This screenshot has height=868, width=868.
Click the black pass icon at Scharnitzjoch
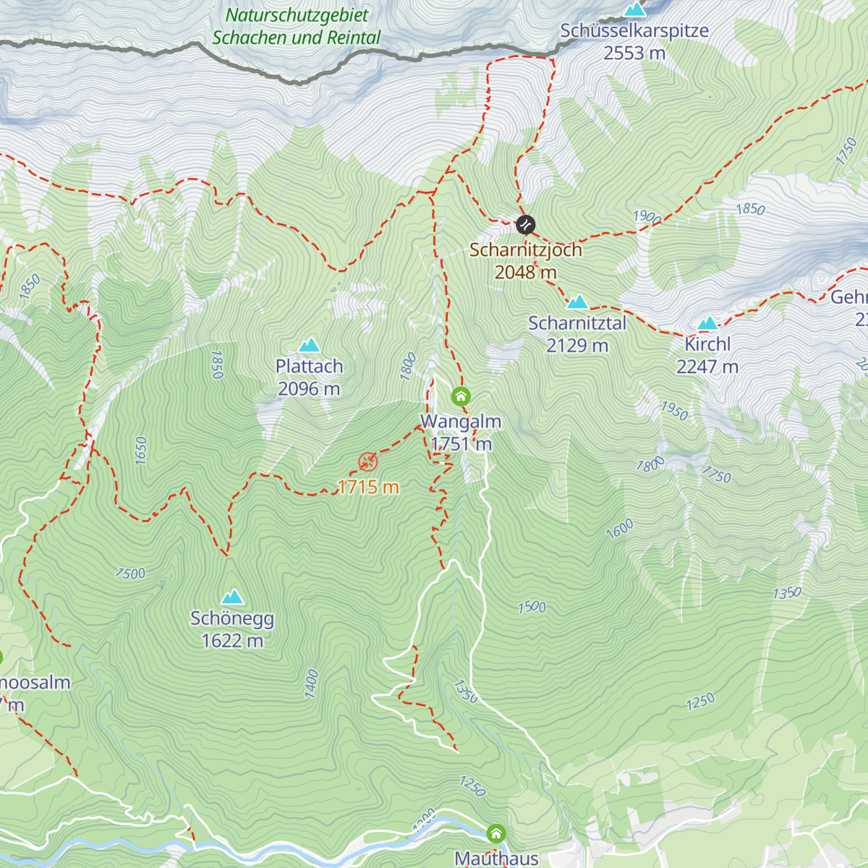[x=525, y=224]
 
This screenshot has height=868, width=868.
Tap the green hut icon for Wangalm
[x=461, y=396]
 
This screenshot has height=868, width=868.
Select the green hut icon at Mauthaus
[x=495, y=833]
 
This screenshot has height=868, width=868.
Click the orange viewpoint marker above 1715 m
[x=368, y=461]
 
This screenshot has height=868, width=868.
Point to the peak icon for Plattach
[x=310, y=345]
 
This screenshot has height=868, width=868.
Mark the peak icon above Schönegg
[x=232, y=597]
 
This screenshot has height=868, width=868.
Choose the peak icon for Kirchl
[x=707, y=323]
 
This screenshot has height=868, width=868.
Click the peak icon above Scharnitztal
[x=577, y=302]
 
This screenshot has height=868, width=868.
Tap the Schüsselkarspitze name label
[x=634, y=31]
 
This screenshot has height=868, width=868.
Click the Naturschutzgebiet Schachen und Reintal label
[x=297, y=27]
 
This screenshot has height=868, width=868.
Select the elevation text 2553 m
[x=634, y=54]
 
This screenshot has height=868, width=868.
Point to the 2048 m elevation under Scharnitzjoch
[x=526, y=272]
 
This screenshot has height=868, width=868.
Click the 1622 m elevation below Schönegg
[x=232, y=641]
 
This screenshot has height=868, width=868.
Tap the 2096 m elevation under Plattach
[x=309, y=389]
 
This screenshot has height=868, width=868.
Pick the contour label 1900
[x=647, y=217]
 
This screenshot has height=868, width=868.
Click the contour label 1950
[x=673, y=410]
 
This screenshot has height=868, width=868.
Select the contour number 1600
[x=620, y=529]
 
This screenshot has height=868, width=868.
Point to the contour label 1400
[x=311, y=684]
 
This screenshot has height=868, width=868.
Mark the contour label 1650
[x=140, y=451]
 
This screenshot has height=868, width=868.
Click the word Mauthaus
[x=496, y=859]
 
